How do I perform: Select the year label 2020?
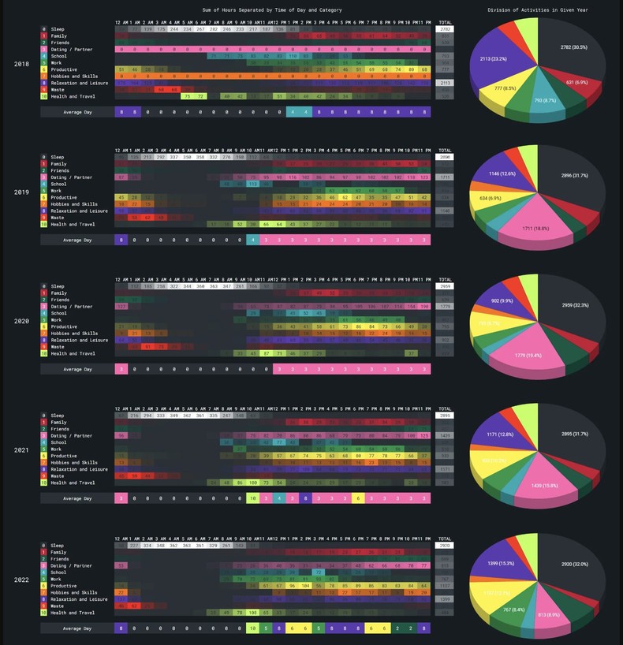22,321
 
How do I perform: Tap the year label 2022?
22,579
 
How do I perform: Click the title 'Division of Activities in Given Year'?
537,10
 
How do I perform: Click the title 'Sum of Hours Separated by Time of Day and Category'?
272,10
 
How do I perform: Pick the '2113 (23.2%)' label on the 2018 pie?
494,59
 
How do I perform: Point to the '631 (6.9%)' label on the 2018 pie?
576,82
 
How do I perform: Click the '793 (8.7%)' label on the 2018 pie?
544,101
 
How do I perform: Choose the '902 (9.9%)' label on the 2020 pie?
502,300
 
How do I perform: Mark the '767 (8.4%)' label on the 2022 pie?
513,610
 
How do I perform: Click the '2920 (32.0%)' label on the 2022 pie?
575,564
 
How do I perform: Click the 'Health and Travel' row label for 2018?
73,96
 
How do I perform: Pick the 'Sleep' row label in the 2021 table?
58,416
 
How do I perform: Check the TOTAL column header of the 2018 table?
445,22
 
